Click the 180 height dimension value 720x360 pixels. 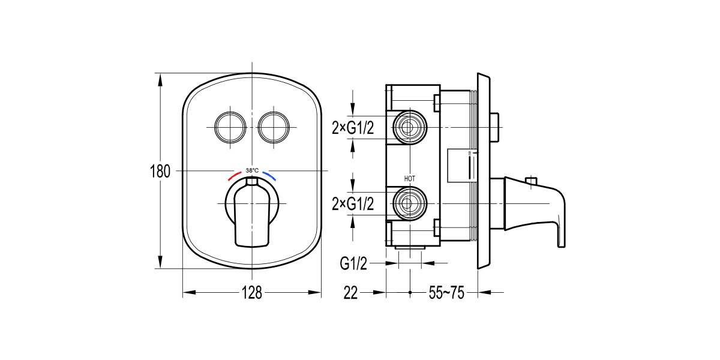[x=160, y=171]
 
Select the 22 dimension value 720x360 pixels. [x=351, y=293]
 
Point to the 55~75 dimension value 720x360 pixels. [x=446, y=293]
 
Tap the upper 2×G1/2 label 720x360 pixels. [x=353, y=127]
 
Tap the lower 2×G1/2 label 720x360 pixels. [x=353, y=205]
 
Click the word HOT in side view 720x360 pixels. [x=410, y=179]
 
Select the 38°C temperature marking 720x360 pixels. [x=252, y=170]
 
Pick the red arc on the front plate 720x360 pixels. [x=236, y=177]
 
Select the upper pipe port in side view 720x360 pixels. [x=410, y=127]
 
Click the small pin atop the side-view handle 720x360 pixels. [x=530, y=181]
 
